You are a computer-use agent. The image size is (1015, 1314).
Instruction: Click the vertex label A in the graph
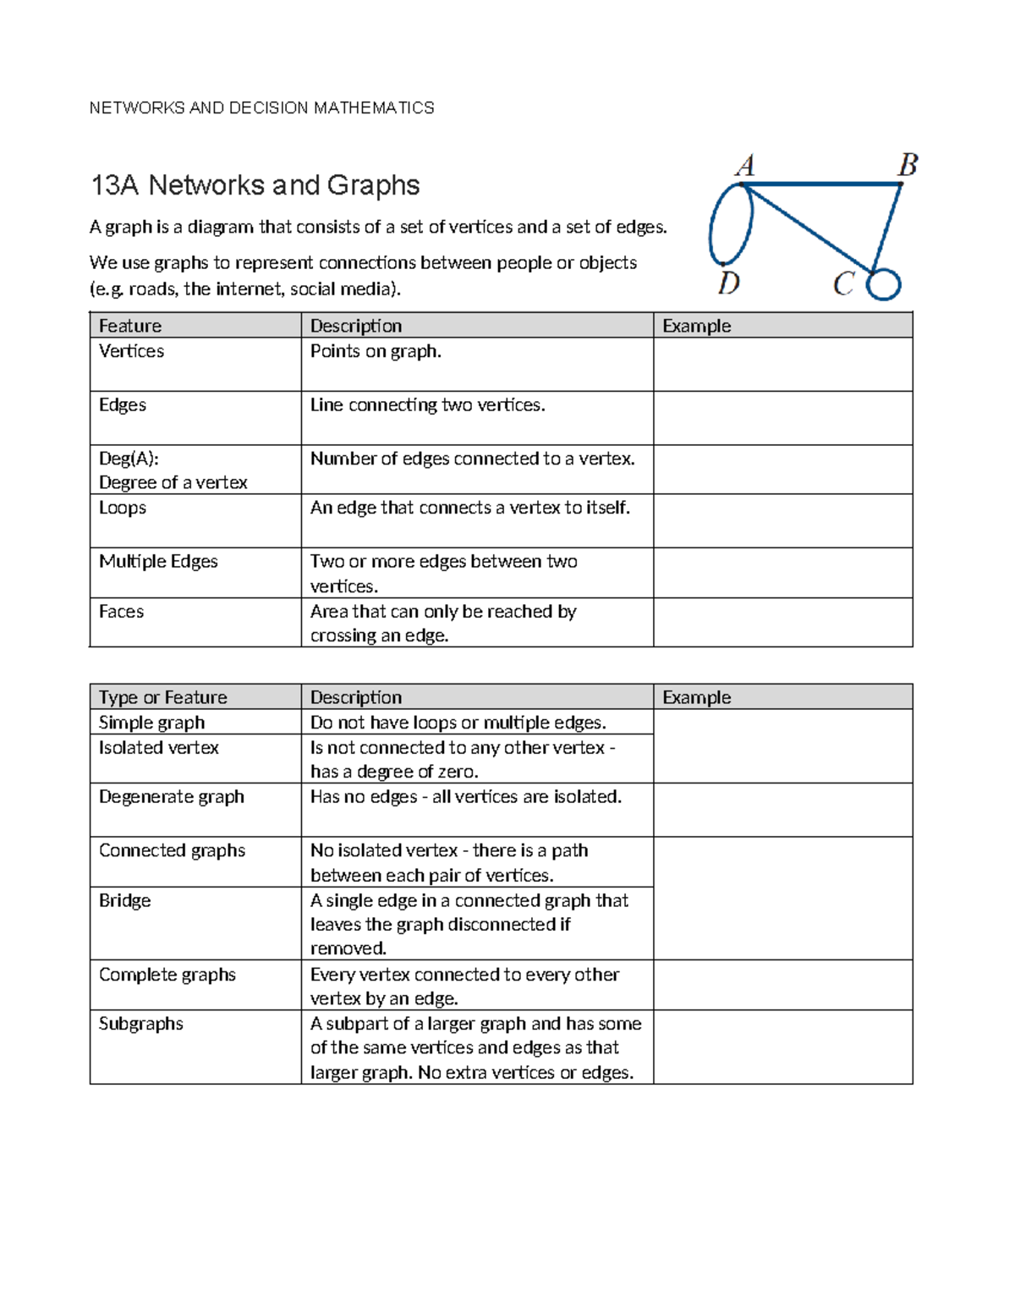pos(745,164)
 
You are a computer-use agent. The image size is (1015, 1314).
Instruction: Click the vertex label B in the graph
pos(908,164)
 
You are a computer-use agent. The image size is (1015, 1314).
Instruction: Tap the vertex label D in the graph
pos(728,283)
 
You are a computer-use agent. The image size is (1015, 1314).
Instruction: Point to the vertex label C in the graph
pos(843,283)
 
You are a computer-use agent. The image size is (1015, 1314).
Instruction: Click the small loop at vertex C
pos(884,284)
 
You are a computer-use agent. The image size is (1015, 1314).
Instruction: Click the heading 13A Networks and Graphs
pos(255,185)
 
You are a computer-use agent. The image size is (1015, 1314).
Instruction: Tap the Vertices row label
pos(131,351)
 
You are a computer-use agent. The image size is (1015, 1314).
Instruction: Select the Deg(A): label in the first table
pos(129,459)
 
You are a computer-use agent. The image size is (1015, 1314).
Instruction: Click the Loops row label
pos(123,508)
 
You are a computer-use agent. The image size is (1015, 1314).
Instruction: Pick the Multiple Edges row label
pos(158,562)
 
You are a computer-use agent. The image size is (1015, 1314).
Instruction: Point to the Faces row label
pos(121,612)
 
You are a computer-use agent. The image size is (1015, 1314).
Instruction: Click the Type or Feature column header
pos(163,697)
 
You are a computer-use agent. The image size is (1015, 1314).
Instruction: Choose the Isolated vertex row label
pos(159,748)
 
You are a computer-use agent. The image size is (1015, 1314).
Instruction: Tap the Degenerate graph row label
pos(172,797)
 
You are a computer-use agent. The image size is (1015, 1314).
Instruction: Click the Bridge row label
pos(125,900)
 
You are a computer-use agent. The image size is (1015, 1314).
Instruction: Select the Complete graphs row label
pos(167,975)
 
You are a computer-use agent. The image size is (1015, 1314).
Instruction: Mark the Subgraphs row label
pos(141,1024)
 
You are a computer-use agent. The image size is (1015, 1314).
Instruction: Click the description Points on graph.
pos(376,351)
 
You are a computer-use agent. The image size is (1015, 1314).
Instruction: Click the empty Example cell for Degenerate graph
pos(782,810)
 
